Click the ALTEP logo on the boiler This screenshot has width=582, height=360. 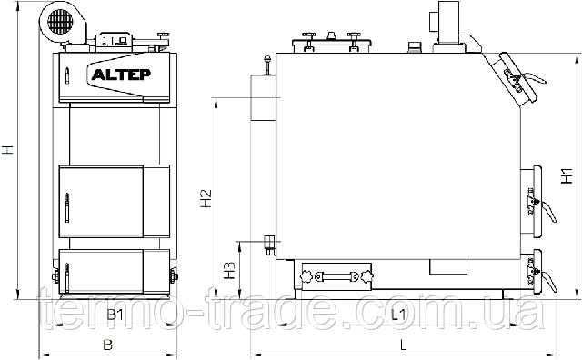(121, 75)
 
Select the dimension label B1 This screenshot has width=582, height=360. (115, 315)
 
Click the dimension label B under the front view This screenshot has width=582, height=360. (107, 345)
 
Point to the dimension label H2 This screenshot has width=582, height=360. (206, 198)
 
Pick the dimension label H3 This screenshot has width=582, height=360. (230, 271)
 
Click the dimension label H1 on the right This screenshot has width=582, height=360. (567, 176)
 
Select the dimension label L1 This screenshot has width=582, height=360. (398, 315)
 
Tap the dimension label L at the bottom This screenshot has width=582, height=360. (404, 345)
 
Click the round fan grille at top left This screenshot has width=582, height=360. (59, 21)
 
